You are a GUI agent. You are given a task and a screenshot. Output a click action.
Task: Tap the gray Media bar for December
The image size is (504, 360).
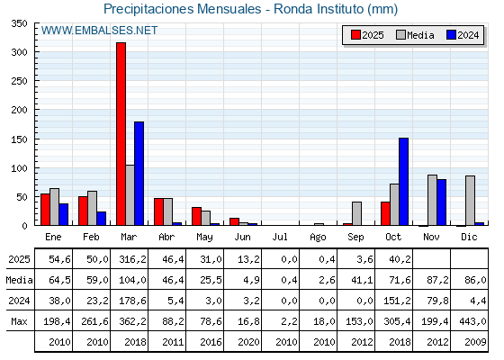click(470, 201)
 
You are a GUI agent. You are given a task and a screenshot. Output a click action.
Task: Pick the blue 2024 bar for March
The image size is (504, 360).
click(139, 174)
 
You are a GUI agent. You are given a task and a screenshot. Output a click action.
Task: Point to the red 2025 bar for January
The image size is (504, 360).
click(45, 210)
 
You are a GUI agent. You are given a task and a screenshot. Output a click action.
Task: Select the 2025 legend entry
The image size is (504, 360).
click(367, 35)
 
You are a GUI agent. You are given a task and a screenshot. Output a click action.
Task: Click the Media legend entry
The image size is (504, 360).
click(413, 35)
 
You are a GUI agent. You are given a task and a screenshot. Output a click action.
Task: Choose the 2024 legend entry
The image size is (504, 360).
click(461, 35)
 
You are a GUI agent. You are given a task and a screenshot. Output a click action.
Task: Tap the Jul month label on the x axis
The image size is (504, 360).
click(281, 237)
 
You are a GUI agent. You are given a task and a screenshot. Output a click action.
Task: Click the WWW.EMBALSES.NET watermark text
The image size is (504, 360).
click(99, 31)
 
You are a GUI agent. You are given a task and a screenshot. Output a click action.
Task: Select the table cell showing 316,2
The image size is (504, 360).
click(130, 259)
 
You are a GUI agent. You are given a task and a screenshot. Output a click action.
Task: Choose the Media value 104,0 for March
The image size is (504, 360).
click(130, 280)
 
